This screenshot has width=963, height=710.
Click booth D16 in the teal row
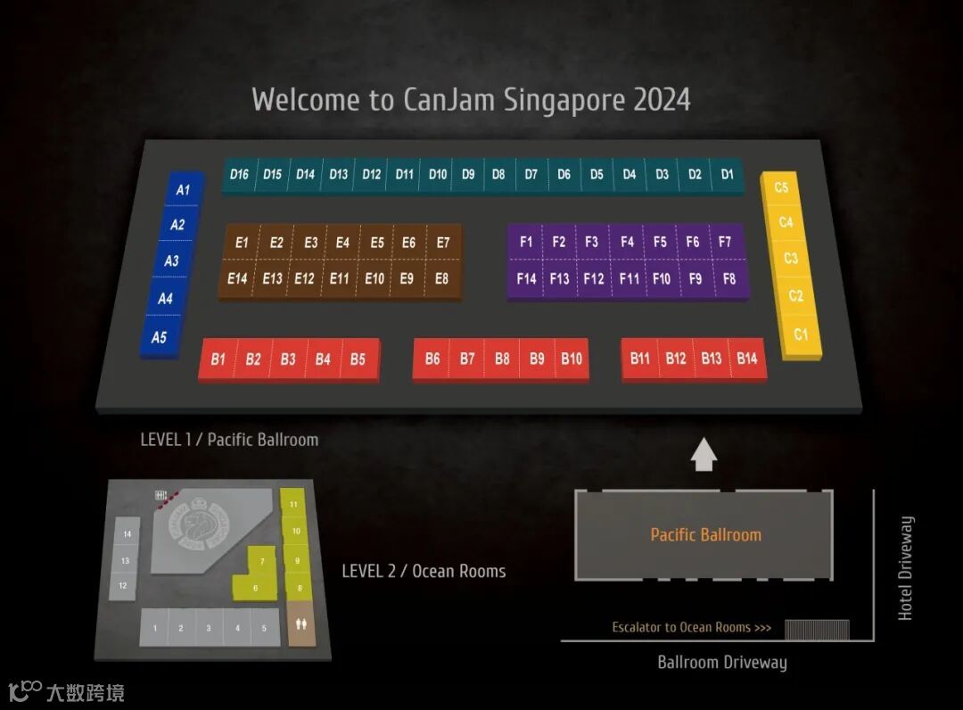tap(239, 175)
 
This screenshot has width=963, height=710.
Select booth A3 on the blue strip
tap(171, 260)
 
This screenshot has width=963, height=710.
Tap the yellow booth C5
tap(781, 188)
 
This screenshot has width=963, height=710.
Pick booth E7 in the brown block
tap(443, 243)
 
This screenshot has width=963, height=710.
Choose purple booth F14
tap(527, 278)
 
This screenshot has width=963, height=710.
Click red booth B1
tap(218, 359)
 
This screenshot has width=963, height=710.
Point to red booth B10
tap(572, 359)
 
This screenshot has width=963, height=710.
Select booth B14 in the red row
tap(747, 359)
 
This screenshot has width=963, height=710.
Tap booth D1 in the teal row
tap(728, 175)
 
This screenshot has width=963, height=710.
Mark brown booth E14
tap(237, 278)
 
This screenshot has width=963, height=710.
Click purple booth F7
tap(725, 242)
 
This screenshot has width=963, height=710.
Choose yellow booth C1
tap(801, 334)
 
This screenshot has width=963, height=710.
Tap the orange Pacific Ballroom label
tap(705, 535)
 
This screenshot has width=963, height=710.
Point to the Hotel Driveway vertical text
tap(906, 568)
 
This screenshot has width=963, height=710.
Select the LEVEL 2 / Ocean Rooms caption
tap(424, 571)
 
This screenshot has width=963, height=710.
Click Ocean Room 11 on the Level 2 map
tap(292, 504)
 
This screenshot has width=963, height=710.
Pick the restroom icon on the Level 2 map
tap(300, 624)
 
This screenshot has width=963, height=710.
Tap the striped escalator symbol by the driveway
tap(817, 629)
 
